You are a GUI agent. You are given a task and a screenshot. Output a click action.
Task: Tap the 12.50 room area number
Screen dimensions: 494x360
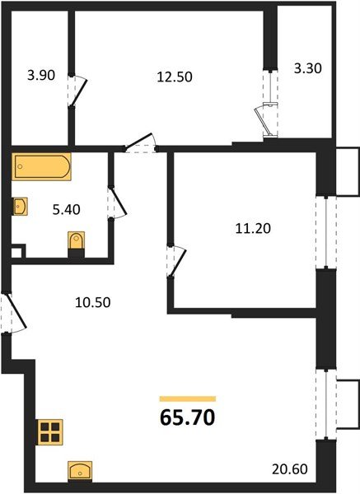tap(171, 77)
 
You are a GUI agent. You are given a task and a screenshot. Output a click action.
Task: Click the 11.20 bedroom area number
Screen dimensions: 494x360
tap(243, 231)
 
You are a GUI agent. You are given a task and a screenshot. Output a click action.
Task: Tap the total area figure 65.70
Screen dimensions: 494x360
tap(187, 418)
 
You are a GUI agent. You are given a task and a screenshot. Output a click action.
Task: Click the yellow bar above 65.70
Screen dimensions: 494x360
tap(187, 398)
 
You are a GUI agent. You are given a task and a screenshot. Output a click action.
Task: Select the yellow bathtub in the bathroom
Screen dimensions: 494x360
tap(40, 169)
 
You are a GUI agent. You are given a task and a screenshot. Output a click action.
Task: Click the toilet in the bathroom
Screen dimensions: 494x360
tap(75, 244)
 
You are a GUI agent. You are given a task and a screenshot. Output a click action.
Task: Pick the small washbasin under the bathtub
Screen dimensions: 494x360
tap(21, 206)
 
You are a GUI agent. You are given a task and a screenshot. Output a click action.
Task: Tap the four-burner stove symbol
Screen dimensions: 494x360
tap(49, 431)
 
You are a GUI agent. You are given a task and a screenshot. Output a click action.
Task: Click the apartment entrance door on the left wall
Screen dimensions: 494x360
tap(10, 313)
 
